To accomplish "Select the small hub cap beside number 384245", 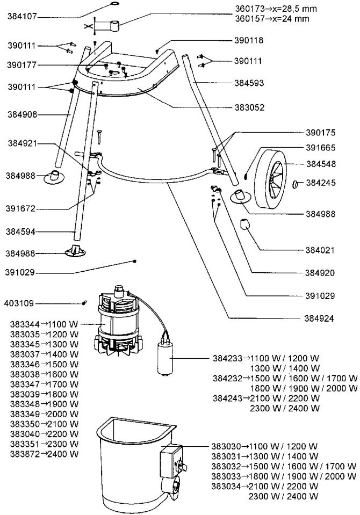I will (x=296, y=183).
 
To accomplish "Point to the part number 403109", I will (x=19, y=303).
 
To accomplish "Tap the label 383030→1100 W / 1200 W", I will (x=264, y=447).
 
